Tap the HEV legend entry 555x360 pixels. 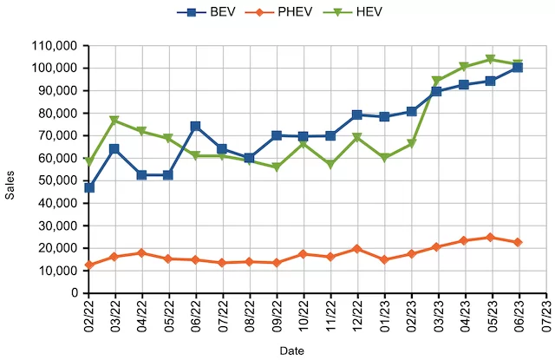tap(356, 11)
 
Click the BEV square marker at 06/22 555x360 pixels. tap(196, 126)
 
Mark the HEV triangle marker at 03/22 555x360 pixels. tap(114, 121)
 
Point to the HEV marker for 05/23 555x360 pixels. tap(491, 59)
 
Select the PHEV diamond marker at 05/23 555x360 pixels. tap(491, 237)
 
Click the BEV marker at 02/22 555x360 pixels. tap(88, 187)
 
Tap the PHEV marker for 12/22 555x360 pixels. tap(357, 249)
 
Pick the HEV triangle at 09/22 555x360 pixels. tap(277, 167)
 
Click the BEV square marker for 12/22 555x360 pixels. tap(357, 115)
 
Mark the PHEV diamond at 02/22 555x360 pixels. tap(88, 265)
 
